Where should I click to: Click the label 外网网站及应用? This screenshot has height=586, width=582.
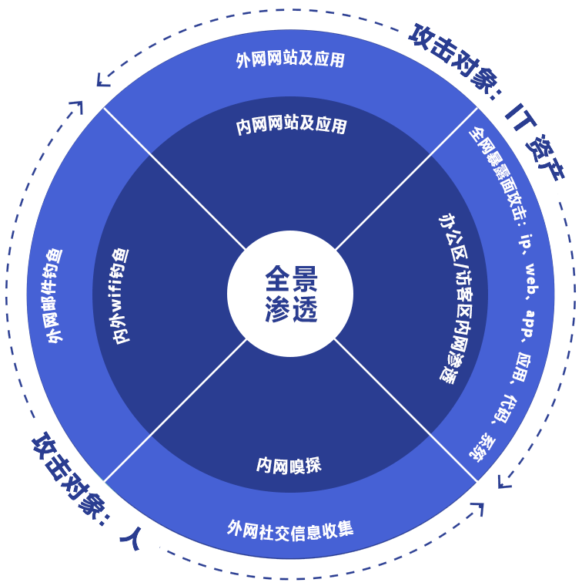[x=290, y=59]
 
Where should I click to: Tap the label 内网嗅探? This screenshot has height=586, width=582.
[x=289, y=465]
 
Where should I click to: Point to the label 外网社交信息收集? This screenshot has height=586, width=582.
[x=290, y=529]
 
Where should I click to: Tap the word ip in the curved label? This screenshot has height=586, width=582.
[x=527, y=237]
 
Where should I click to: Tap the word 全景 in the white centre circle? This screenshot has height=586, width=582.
[x=291, y=277]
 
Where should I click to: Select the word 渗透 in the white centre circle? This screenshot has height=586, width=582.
[x=291, y=309]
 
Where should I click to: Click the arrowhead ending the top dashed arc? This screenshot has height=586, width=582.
[x=101, y=79]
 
